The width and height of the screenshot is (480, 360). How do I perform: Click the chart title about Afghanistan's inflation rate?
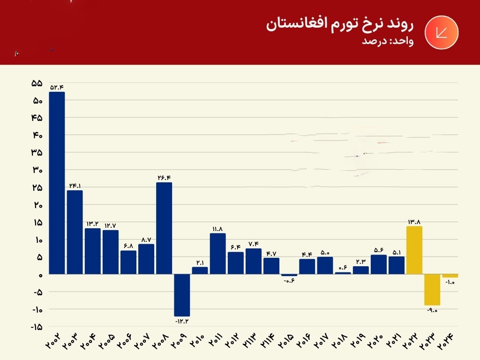click(340, 24)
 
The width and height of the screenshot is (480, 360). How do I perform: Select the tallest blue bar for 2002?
click(57, 183)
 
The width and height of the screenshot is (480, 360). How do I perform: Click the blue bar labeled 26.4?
click(164, 228)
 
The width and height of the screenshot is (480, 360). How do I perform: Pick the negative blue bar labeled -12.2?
click(182, 295)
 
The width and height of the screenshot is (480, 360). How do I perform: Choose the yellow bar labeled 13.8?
click(414, 250)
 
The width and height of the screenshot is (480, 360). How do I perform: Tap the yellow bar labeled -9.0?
click(432, 290)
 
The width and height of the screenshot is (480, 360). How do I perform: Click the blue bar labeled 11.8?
click(217, 254)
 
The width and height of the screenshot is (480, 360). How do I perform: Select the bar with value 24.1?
click(75, 232)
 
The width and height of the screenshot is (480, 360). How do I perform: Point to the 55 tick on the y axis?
click(37, 83)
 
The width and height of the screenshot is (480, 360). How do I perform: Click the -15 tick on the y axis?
click(36, 327)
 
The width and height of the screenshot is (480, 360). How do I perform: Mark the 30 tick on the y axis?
click(37, 170)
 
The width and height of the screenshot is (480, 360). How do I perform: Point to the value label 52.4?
click(57, 87)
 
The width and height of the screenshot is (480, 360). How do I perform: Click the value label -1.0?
click(450, 282)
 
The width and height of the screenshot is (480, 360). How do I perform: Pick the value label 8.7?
click(146, 239)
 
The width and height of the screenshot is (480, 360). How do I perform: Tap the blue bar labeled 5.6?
click(379, 264)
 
